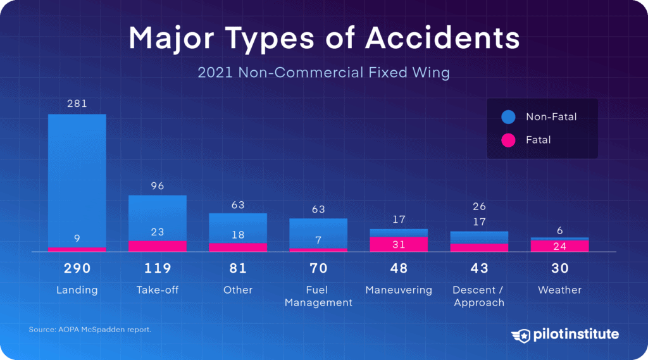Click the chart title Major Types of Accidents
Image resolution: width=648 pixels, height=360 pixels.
(x=324, y=39)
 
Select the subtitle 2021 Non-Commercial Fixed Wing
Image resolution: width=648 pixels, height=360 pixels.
(x=323, y=73)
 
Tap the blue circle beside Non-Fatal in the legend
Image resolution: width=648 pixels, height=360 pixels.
(x=508, y=117)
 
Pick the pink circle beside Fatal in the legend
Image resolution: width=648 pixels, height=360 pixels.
(x=508, y=140)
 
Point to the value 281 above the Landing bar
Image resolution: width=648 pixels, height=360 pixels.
(x=77, y=104)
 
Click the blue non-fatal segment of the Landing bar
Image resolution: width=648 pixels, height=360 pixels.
(x=77, y=180)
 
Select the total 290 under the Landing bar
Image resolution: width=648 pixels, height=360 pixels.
(x=77, y=268)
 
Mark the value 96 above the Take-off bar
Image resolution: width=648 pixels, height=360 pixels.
(x=158, y=187)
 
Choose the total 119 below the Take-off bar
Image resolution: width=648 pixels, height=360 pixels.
(x=158, y=268)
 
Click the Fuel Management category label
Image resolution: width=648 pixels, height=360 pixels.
(x=318, y=296)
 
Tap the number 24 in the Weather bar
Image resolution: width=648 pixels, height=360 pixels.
(x=559, y=246)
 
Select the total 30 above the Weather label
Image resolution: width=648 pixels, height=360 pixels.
(x=559, y=268)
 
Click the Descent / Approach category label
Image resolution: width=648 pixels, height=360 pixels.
(x=479, y=296)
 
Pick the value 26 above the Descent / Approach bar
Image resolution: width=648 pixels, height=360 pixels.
(x=479, y=207)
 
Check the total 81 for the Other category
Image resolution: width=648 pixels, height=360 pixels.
(x=238, y=268)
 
